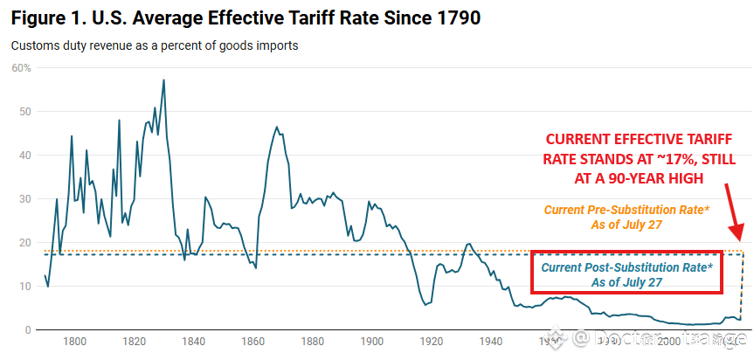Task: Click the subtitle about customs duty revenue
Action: click(x=155, y=45)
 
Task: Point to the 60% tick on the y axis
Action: click(x=21, y=68)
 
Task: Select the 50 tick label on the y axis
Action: click(x=25, y=112)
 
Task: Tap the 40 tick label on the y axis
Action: click(x=25, y=156)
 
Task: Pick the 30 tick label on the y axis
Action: click(x=25, y=199)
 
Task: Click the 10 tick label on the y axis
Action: click(x=25, y=287)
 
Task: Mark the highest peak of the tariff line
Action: click(x=163, y=80)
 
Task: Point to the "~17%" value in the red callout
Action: click(x=615, y=160)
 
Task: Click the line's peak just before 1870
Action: click(x=277, y=127)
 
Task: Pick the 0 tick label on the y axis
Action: click(x=28, y=330)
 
